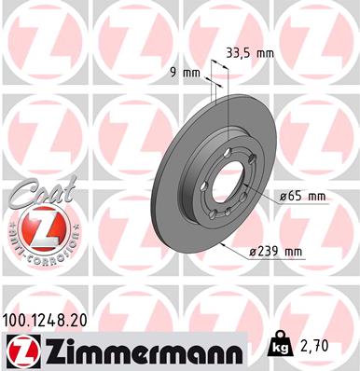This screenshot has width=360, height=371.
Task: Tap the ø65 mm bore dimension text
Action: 302,196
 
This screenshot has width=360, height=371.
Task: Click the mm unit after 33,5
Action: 265,53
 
